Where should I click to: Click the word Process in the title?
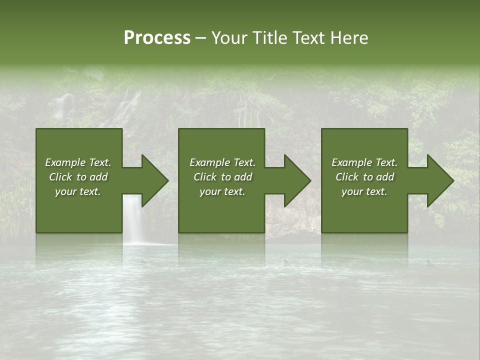coord(157,38)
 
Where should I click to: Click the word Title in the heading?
coord(269,38)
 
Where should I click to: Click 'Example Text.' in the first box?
coord(78,162)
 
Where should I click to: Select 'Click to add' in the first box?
coord(78,177)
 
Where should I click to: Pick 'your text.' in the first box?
coord(78,191)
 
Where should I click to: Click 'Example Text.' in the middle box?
coord(222,162)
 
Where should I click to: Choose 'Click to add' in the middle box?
coord(222,177)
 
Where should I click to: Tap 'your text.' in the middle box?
coord(222,191)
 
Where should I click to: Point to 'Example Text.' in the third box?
coord(364,162)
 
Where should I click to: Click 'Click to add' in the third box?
coord(364,177)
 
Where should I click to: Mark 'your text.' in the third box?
coord(364,191)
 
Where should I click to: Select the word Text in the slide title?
coord(306,38)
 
